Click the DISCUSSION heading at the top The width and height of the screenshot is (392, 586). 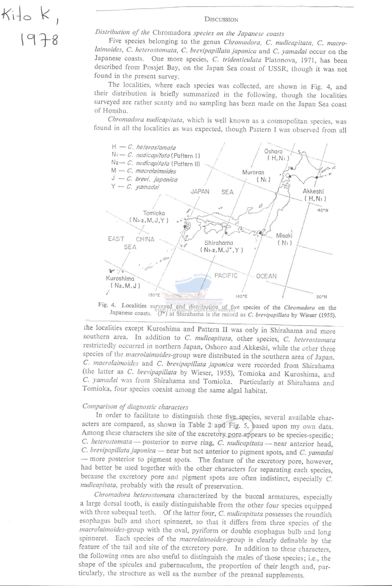[221, 20]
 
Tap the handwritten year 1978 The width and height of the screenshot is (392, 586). [40, 40]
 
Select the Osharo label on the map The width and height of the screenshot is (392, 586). [273, 151]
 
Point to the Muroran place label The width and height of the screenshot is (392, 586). [253, 172]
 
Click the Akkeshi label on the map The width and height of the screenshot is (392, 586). [313, 191]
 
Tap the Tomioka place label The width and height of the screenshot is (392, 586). [154, 213]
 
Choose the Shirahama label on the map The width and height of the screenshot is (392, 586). [219, 243]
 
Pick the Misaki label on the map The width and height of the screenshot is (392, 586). [284, 235]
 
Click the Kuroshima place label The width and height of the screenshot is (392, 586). [120, 278]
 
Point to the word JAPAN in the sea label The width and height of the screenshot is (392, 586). [200, 192]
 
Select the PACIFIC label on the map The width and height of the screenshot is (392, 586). [226, 275]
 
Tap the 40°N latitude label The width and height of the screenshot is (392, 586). [323, 210]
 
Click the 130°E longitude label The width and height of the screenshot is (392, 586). [154, 295]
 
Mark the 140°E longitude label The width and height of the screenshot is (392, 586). [241, 296]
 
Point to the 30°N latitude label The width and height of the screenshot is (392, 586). [321, 297]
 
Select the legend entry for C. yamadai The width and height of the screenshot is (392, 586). [135, 187]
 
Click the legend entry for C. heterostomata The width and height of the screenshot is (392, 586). [144, 147]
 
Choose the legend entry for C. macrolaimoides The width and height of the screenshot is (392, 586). [144, 171]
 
